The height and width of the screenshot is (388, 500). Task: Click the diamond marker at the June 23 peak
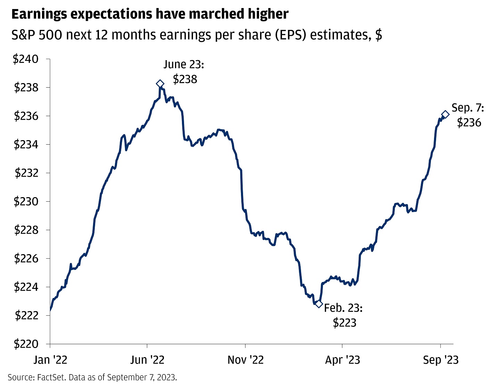tap(160, 83)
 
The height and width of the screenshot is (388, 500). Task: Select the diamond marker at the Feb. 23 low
tap(319, 304)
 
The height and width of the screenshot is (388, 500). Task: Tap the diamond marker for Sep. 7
tap(445, 114)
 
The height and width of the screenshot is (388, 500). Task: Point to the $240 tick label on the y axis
tap(26, 59)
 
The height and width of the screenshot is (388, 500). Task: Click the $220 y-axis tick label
tap(26, 344)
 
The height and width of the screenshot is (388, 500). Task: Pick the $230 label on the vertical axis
tap(26, 202)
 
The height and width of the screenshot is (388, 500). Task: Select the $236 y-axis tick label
tap(26, 116)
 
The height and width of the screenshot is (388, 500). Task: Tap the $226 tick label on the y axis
tap(26, 259)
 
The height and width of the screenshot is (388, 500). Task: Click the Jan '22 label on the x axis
tap(50, 360)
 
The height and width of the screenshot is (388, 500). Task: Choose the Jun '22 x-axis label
tap(148, 360)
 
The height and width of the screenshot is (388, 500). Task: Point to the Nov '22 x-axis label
tap(245, 360)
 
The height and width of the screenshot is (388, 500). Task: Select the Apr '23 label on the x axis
tap(342, 360)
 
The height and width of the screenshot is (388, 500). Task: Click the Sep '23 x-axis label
tap(441, 360)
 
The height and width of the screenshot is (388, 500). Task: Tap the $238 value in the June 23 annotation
tap(185, 79)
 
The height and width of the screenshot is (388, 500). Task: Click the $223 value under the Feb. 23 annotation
tap(344, 323)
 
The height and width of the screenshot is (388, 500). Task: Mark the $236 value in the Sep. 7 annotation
tap(469, 122)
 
